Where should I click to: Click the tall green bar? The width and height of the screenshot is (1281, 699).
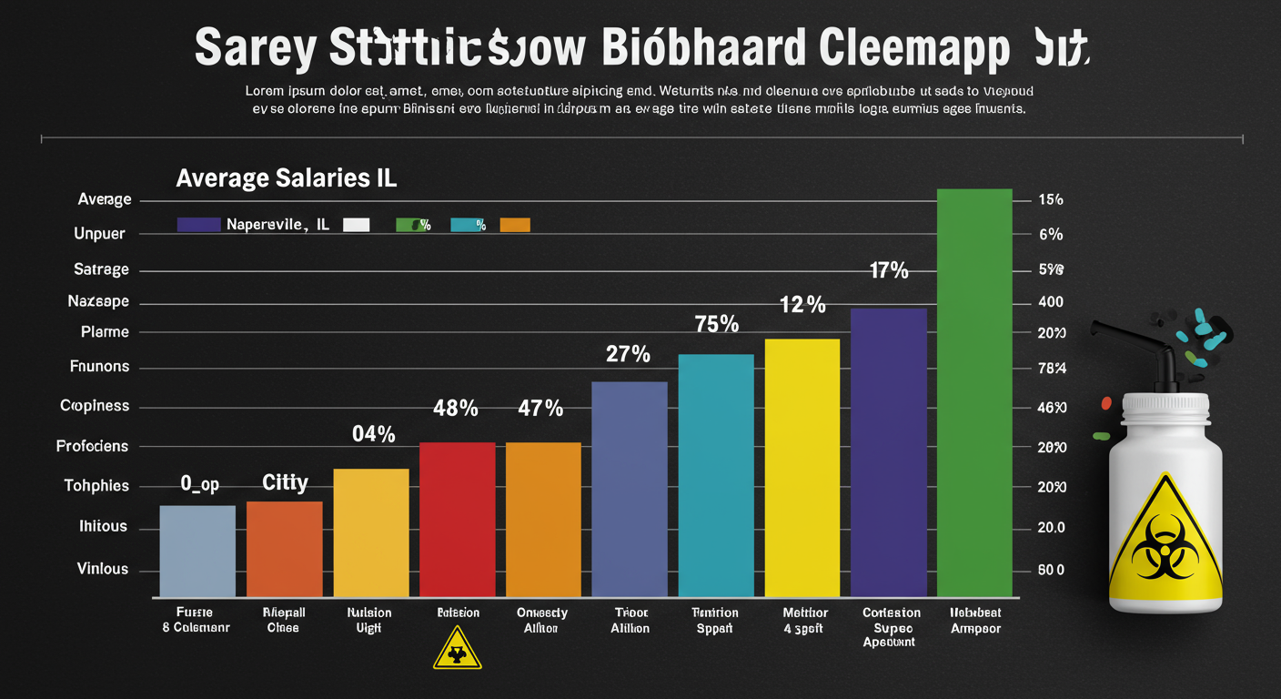974,392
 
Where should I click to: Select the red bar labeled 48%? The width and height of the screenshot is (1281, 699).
457,519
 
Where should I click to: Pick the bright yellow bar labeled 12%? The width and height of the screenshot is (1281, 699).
802,467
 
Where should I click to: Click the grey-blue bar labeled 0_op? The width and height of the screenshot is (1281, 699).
197,551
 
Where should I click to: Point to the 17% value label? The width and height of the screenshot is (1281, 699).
888,270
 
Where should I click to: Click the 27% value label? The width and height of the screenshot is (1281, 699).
628,354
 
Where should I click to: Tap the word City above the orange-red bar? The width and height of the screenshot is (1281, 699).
285,482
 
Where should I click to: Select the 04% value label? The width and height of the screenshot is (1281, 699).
373,434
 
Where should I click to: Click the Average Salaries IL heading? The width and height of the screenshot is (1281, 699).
286,178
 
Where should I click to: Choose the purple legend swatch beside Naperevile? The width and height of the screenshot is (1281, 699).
198,225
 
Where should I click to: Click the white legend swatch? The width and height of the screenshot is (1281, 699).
356,225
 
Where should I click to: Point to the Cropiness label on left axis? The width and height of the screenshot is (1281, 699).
95,406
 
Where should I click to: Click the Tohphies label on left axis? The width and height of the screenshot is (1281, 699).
96,486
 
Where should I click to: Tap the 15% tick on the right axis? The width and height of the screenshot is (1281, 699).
1050,200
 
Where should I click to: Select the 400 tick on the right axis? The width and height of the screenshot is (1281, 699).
1050,302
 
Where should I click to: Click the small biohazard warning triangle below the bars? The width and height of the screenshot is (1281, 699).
457,648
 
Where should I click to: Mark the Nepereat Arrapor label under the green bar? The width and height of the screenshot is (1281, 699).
974,621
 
